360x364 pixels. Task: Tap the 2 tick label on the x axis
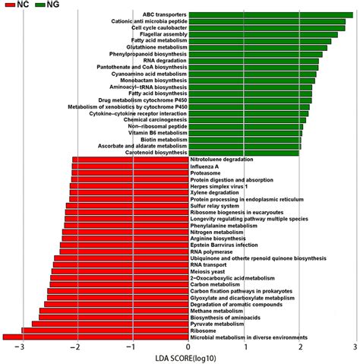click(301, 349)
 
